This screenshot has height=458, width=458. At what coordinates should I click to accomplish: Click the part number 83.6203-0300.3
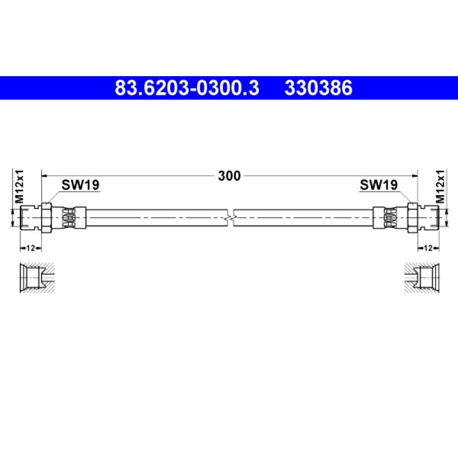187,88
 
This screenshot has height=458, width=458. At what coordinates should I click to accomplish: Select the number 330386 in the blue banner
318,88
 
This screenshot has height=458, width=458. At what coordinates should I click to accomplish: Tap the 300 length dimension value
230,176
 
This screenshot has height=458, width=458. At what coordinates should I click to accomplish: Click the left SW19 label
80,185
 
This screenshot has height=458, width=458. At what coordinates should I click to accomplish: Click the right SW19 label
378,185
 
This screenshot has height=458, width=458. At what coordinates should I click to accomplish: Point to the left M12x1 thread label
19,187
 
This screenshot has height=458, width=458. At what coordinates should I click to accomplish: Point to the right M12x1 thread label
440,187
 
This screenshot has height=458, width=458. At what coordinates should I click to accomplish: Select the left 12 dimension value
30,248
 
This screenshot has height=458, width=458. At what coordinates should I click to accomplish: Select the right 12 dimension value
428,248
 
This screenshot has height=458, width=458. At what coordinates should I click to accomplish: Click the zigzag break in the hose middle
231,218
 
